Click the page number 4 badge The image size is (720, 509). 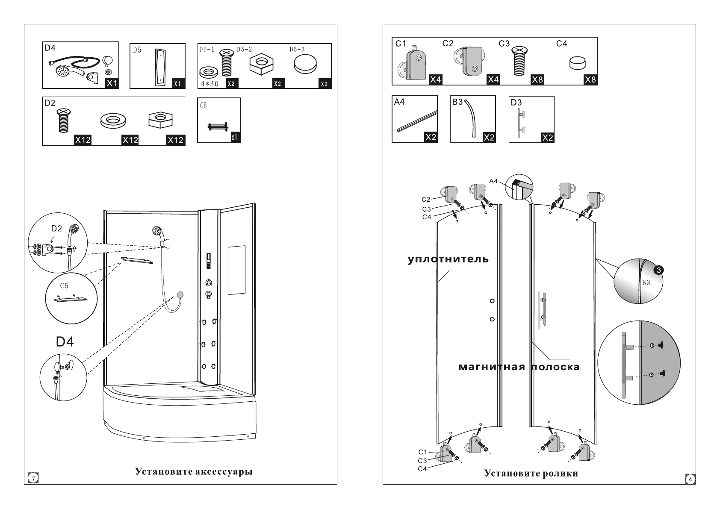689,479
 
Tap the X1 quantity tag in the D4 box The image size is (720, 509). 112,83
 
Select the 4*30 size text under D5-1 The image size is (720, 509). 210,84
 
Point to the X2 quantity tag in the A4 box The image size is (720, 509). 430,137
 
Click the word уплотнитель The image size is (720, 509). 448,259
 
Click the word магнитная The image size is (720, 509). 492,367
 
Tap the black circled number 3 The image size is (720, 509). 658,270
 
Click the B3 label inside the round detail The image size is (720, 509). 646,282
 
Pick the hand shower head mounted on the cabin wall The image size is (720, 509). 158,232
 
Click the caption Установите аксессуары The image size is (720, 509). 194,471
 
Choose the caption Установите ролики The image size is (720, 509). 531,473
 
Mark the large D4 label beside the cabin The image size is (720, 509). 65,342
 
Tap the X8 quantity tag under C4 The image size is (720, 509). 590,80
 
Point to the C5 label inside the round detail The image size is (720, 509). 64,285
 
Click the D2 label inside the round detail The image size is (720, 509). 56,229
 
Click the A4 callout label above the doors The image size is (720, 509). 493,181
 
